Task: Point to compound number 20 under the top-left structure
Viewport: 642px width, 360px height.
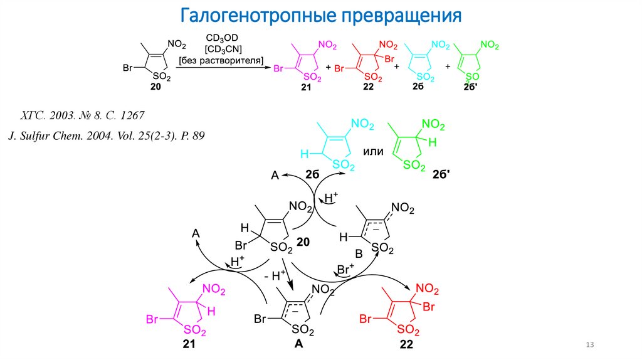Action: pyautogui.click(x=155, y=88)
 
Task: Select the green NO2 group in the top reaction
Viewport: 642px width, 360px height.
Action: pyautogui.click(x=490, y=45)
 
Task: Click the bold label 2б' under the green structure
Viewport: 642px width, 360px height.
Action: pyautogui.click(x=439, y=176)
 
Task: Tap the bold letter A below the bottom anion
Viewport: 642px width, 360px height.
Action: pyautogui.click(x=298, y=343)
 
